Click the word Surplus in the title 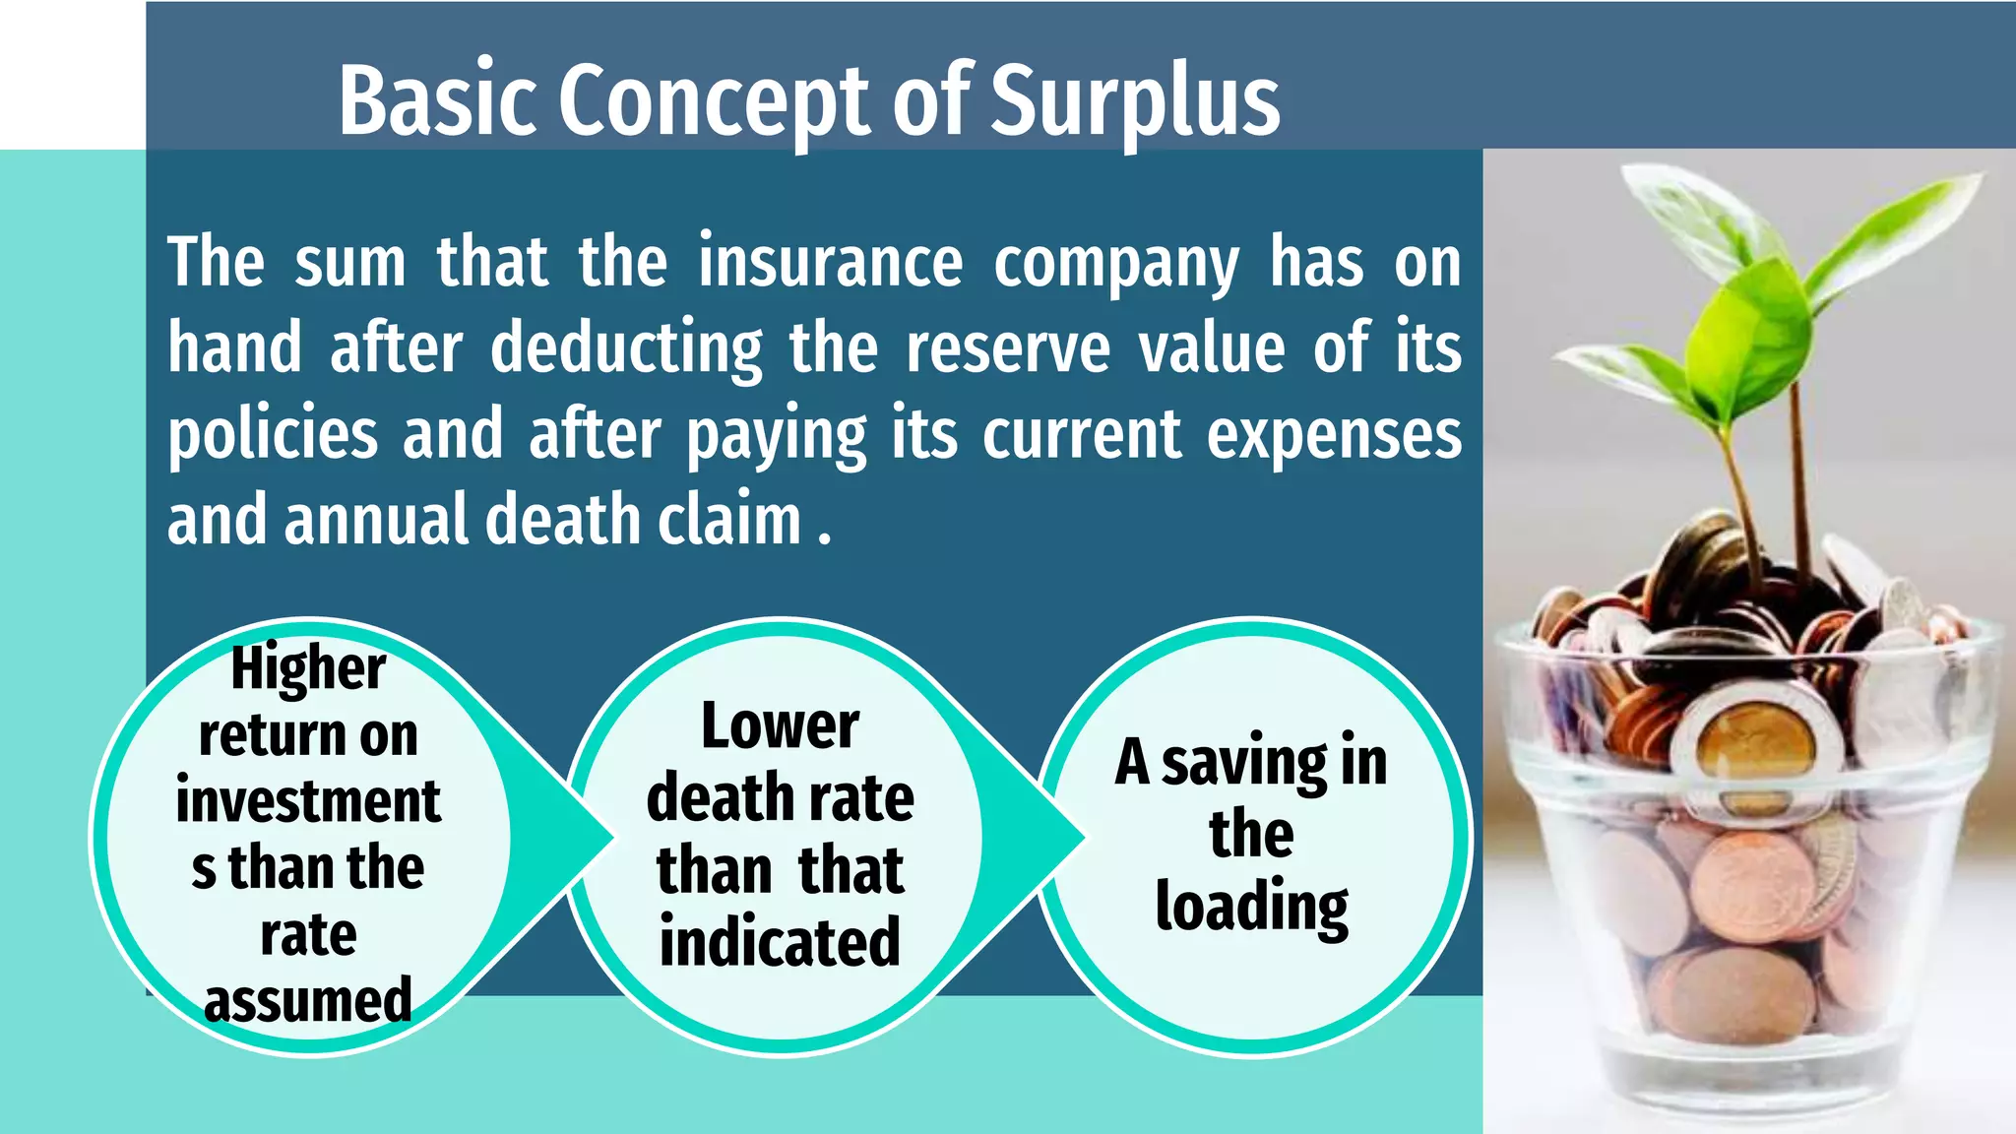point(1134,101)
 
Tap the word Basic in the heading point(438,101)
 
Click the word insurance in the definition point(830,262)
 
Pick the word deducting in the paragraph point(626,349)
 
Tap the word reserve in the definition point(1008,349)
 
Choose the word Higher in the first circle point(308,669)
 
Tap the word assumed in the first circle point(308,1001)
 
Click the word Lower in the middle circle point(780,726)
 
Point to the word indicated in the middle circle point(780,942)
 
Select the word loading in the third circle point(1251,908)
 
